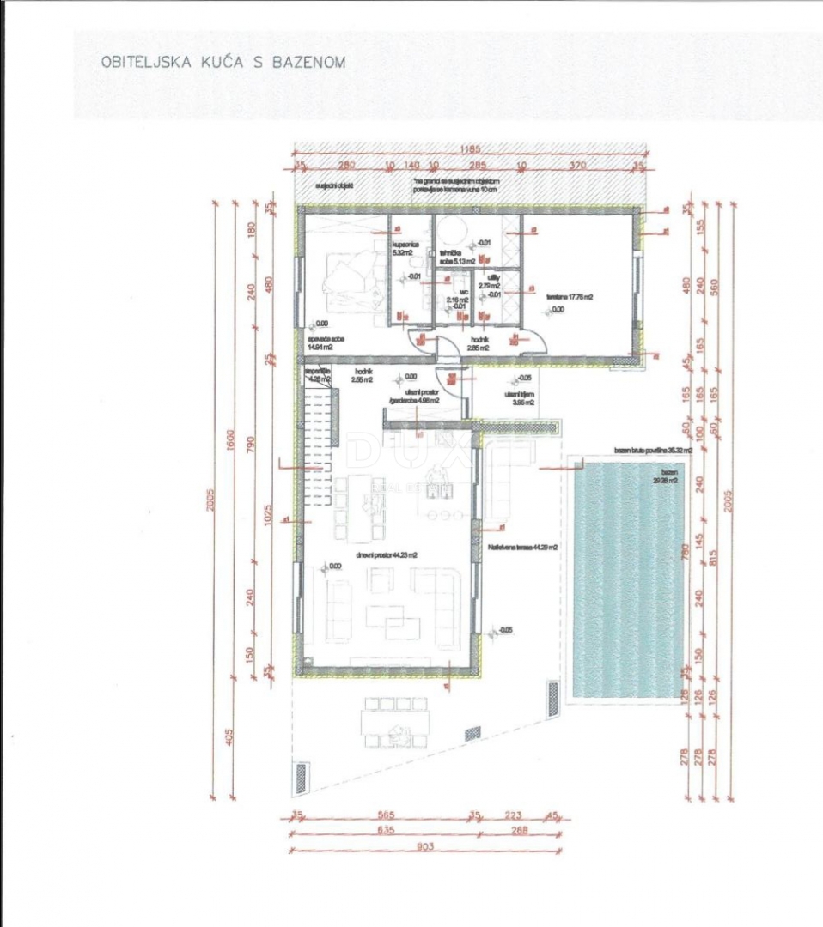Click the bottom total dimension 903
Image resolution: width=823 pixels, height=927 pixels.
point(425,847)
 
